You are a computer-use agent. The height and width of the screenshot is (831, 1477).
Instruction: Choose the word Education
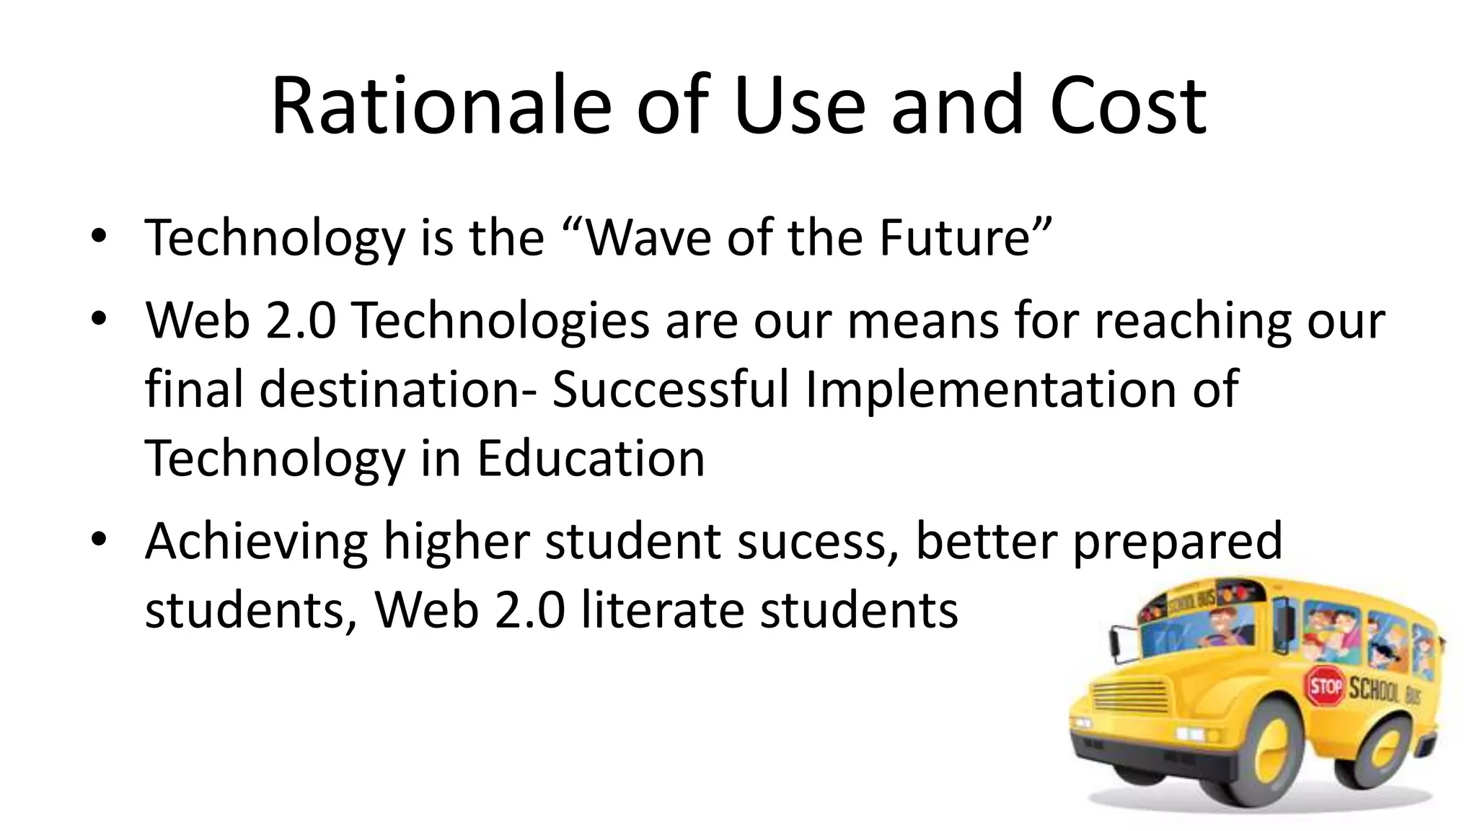(x=591, y=459)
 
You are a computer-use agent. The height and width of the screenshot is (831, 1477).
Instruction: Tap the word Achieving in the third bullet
(x=257, y=542)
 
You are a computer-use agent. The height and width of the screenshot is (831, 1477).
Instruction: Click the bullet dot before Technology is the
(x=99, y=238)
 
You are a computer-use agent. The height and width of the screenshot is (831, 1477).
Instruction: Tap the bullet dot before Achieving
(x=99, y=540)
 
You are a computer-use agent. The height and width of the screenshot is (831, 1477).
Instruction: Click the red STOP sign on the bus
(x=1325, y=686)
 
